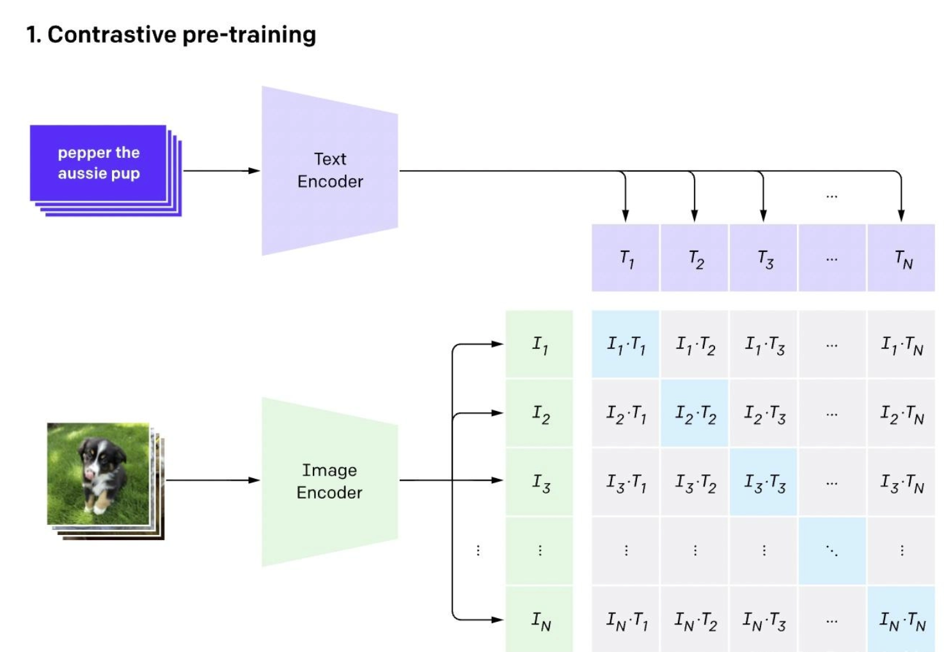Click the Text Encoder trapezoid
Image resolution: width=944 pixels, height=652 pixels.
[329, 171]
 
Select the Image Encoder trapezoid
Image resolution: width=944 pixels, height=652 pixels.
[329, 481]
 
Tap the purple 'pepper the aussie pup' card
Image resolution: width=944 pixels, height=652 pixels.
[98, 163]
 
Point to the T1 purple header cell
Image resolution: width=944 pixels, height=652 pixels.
[625, 258]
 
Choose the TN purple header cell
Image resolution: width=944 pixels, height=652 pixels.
[901, 258]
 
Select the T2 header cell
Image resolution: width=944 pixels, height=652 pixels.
[695, 258]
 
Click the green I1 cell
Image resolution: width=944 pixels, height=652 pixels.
[539, 345]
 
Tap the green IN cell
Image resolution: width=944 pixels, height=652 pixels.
[539, 619]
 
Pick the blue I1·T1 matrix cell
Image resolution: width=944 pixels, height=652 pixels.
[625, 345]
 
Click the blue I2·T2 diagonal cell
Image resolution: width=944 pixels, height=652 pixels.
[695, 414]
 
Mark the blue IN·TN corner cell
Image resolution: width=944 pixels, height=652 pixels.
[901, 619]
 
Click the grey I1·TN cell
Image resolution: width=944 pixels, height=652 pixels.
[901, 345]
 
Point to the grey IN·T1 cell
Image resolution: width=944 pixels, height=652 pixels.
[625, 619]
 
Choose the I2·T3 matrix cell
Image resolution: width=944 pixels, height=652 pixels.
[764, 414]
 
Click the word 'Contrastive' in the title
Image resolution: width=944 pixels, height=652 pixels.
[111, 35]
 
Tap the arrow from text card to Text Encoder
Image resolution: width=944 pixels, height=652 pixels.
[221, 171]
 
